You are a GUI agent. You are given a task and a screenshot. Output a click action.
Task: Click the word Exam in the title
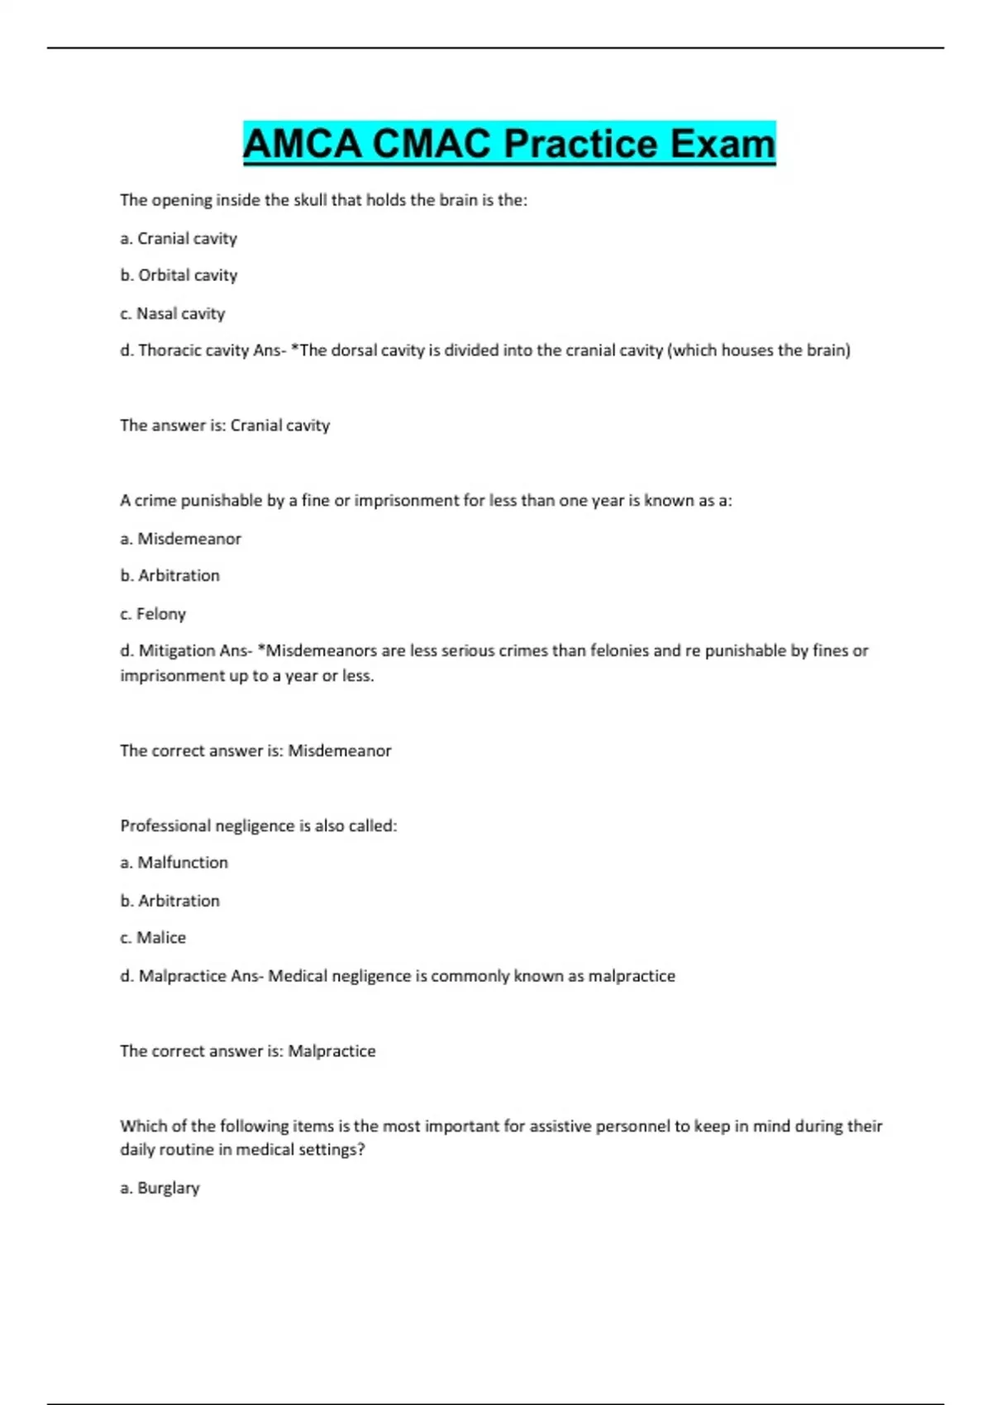(x=723, y=144)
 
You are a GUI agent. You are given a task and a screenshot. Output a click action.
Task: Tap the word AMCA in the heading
(x=302, y=144)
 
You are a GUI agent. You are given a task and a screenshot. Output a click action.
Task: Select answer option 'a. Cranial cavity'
(x=179, y=239)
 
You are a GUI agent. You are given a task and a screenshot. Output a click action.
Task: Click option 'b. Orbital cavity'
(x=179, y=275)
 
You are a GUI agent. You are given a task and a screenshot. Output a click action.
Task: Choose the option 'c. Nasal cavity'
(x=172, y=314)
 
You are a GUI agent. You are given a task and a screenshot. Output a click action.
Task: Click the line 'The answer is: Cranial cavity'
(x=225, y=426)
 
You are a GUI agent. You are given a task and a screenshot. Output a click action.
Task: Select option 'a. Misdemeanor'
(x=180, y=539)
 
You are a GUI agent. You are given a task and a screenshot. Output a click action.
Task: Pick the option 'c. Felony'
(x=153, y=614)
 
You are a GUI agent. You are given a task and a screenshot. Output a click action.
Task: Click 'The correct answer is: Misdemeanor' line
(x=255, y=751)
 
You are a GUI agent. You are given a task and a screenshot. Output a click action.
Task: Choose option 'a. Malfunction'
(x=174, y=863)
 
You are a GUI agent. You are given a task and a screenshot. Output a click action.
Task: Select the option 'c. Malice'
(x=153, y=938)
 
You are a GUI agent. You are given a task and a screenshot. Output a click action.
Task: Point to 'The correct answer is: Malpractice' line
(x=248, y=1051)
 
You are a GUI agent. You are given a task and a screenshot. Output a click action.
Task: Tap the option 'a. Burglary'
(x=160, y=1188)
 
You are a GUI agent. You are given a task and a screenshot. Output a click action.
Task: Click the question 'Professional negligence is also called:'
(x=259, y=826)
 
